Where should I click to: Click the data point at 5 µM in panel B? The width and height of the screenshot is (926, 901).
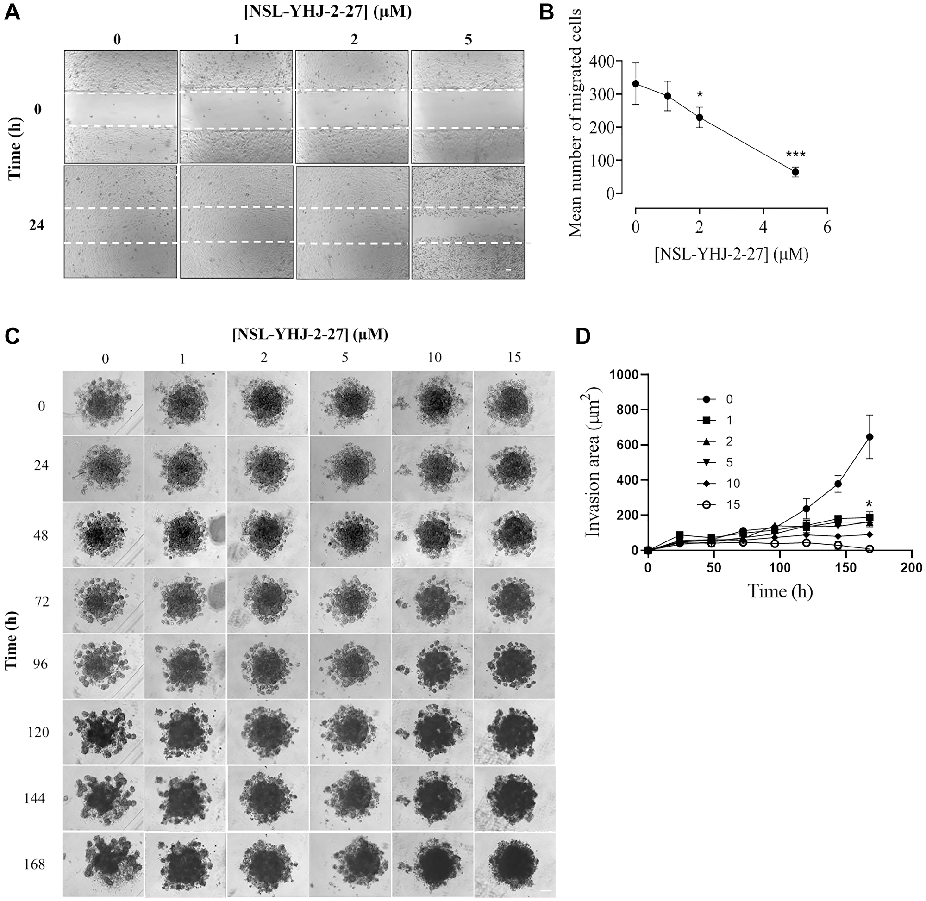pos(795,172)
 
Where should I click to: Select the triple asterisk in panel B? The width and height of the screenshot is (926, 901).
pos(795,155)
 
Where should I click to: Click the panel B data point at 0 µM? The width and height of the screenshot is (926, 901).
pos(636,84)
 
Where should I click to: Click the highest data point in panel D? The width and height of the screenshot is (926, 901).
pos(870,437)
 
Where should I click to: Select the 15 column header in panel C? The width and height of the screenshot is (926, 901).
pos(513,357)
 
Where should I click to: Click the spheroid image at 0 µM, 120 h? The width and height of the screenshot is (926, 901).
pos(103,732)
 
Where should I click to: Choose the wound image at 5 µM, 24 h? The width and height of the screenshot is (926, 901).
pos(468,222)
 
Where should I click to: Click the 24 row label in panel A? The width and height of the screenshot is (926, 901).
pos(37,225)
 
